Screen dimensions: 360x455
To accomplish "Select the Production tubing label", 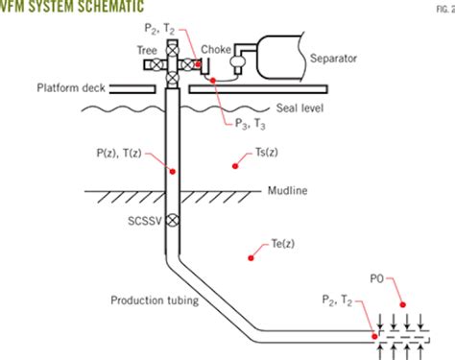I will pos(154,300).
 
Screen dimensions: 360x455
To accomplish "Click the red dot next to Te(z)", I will pos(251,255).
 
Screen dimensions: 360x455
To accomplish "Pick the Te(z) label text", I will pos(273,244).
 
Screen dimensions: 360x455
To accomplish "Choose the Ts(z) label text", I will pos(266,154).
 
